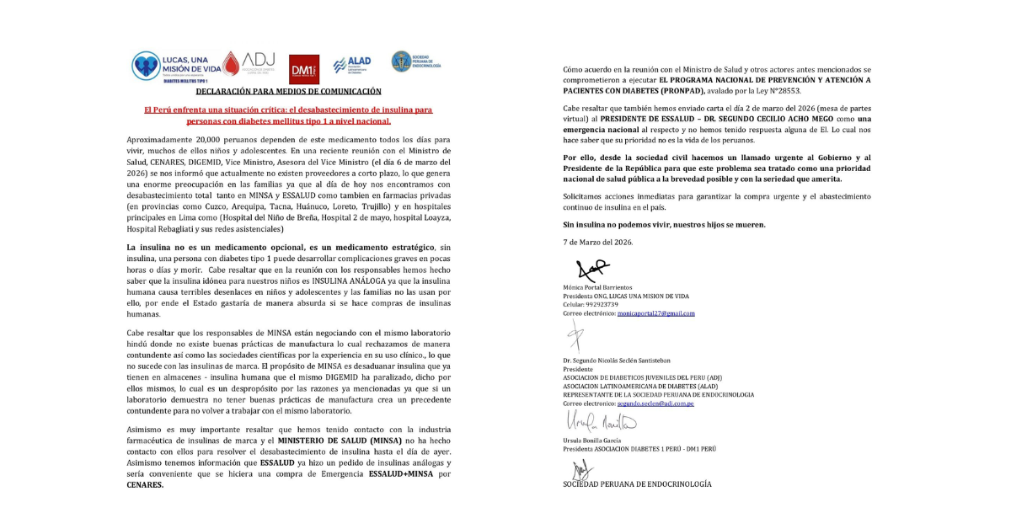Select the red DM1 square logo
coord(304,69)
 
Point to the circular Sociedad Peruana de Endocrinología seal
coord(402,61)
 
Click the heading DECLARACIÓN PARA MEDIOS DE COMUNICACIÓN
coord(288,91)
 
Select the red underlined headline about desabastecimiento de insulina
coord(288,115)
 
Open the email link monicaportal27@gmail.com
coord(655,313)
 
